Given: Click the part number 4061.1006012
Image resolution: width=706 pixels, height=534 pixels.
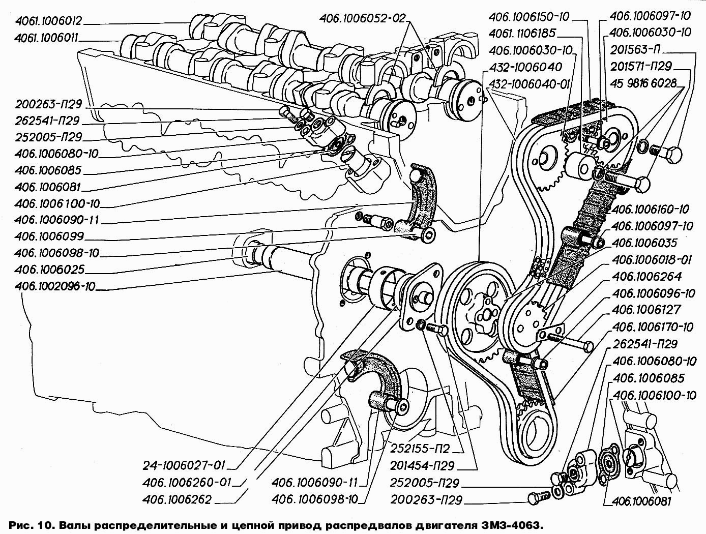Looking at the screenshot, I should [x=48, y=21].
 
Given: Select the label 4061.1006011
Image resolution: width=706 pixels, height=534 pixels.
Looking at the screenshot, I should [x=48, y=37].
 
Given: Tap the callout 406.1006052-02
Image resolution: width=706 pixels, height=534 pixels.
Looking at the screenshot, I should [x=363, y=18].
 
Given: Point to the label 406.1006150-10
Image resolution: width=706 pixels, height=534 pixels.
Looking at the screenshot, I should [x=529, y=17].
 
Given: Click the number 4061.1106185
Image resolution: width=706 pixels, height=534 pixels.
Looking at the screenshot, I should [x=522, y=34].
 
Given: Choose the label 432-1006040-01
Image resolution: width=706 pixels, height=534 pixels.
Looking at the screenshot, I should [x=528, y=83].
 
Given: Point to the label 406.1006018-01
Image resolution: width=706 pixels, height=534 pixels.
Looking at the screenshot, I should [x=652, y=259].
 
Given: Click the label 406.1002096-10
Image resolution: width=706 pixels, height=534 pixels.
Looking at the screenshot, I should [x=55, y=286].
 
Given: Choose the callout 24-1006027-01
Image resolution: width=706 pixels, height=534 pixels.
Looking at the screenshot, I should [x=184, y=465].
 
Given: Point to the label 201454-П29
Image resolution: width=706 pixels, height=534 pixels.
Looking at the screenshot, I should [x=422, y=465].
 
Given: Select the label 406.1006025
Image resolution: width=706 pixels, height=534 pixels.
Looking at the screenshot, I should [x=49, y=269].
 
